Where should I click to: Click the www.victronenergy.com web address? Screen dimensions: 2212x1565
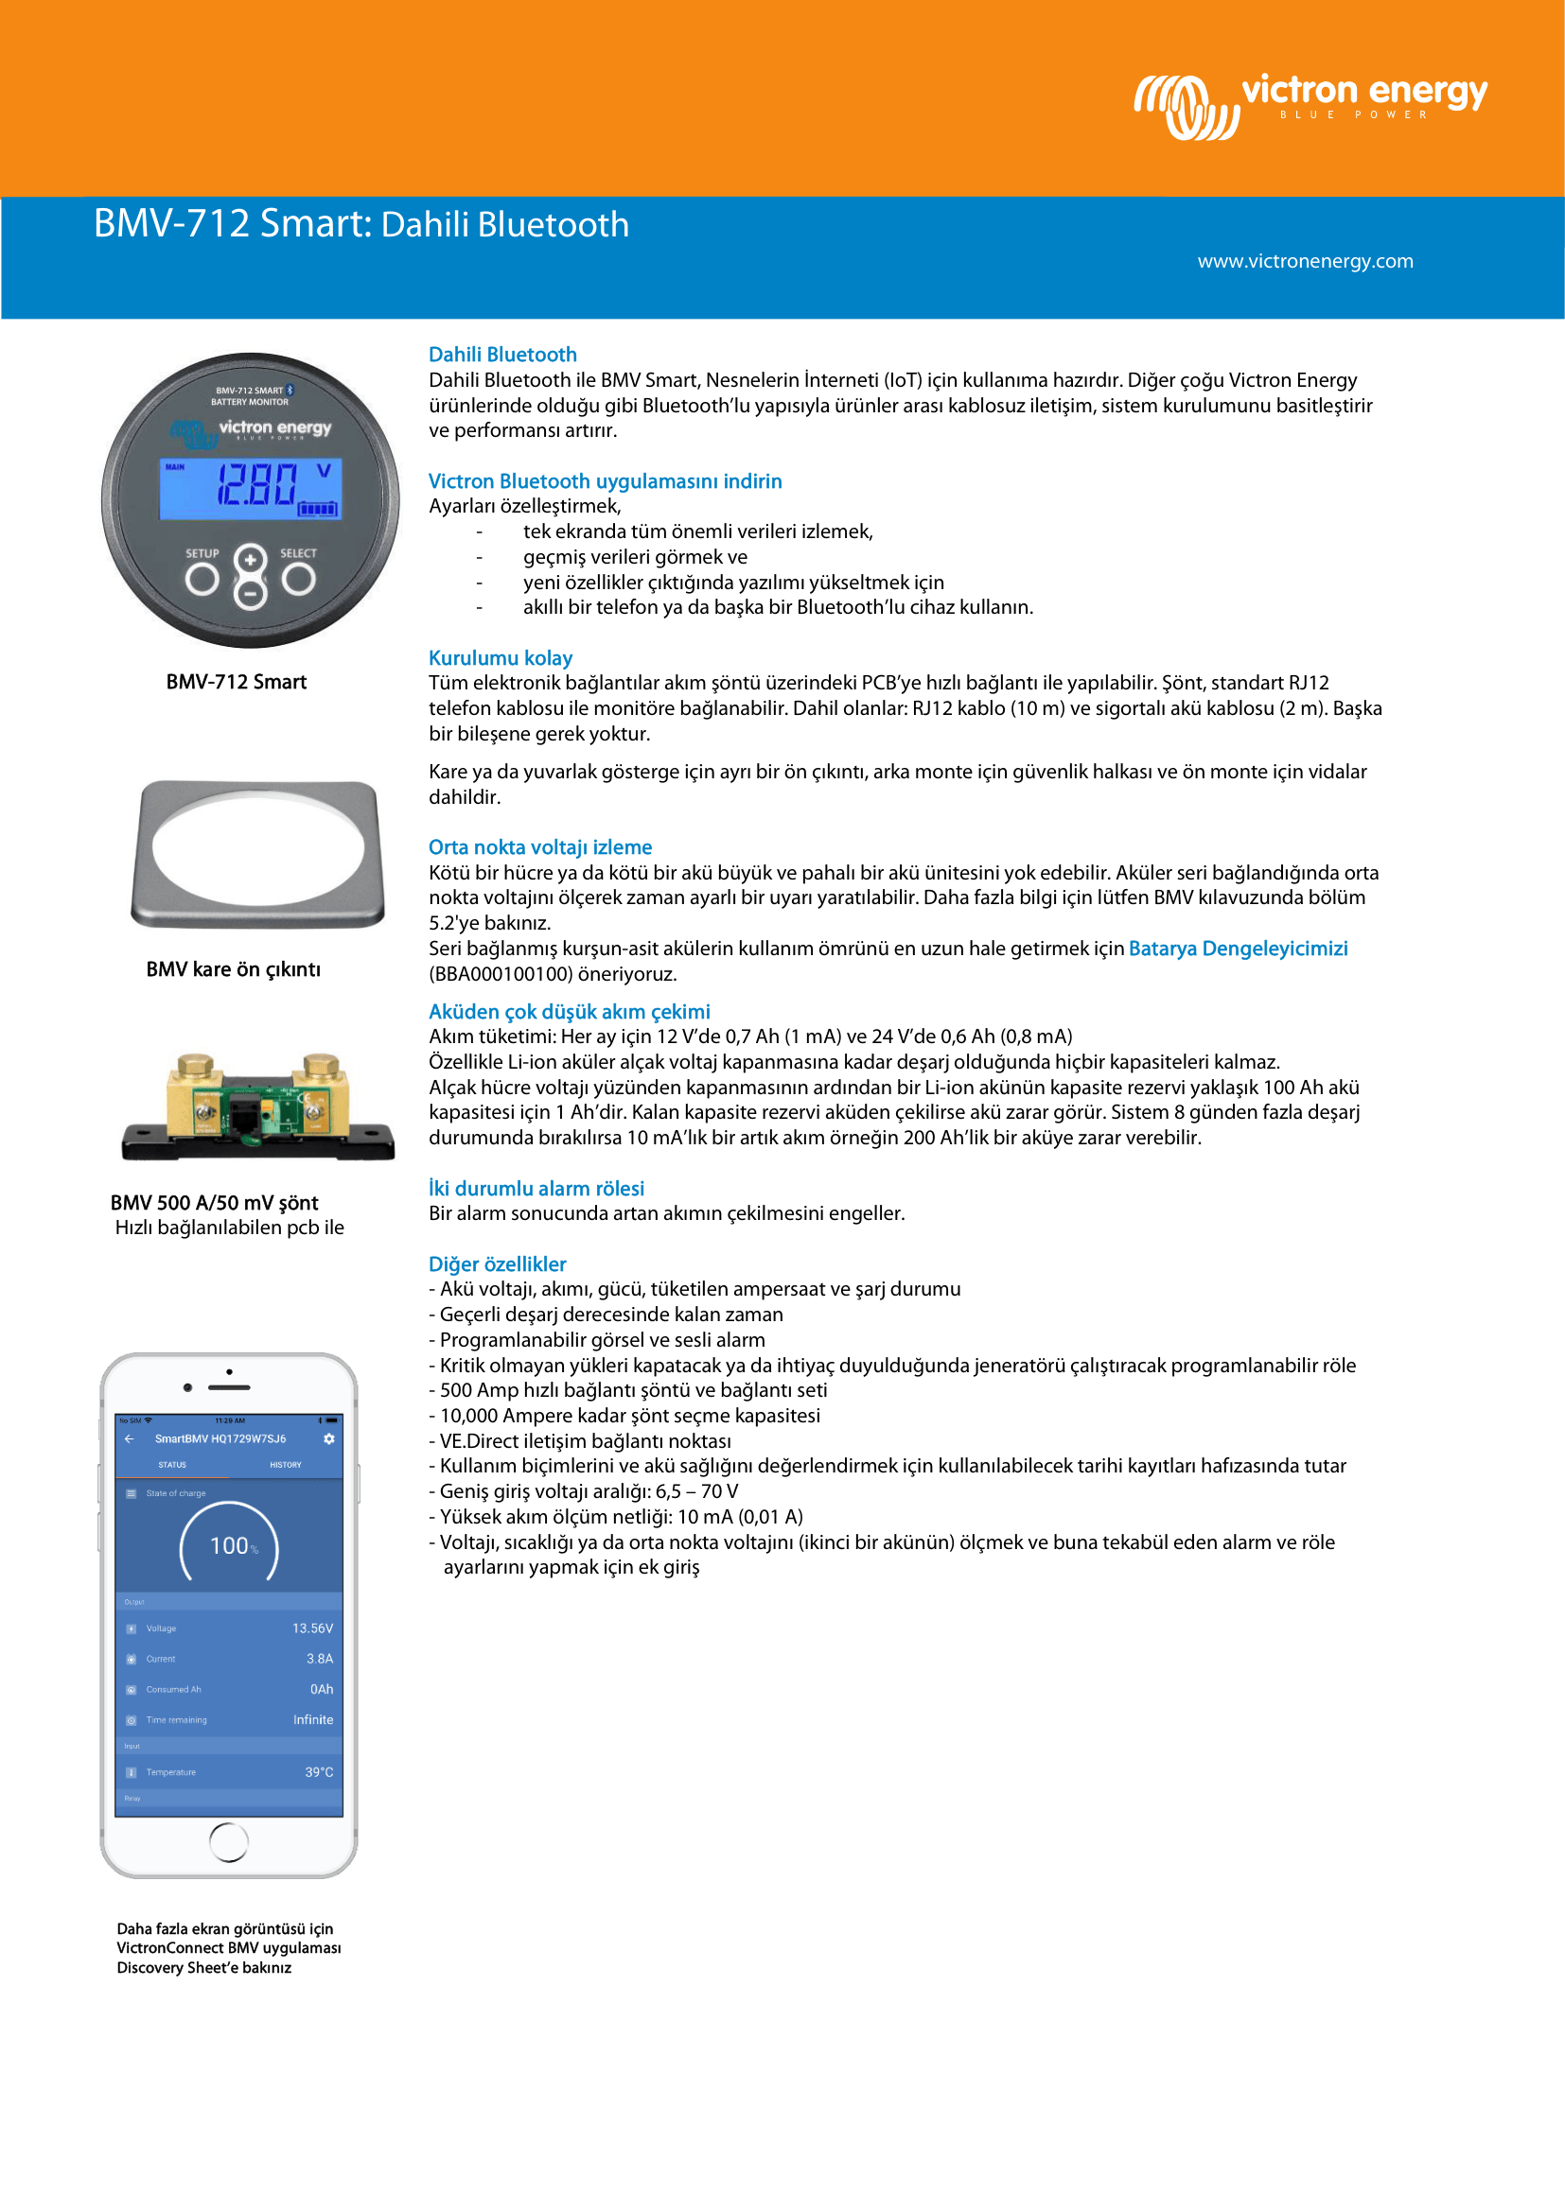(x=1305, y=261)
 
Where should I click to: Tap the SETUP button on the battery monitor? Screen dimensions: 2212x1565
(x=202, y=578)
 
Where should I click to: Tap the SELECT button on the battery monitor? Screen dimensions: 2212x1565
(x=299, y=578)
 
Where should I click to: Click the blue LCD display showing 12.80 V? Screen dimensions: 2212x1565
(x=251, y=487)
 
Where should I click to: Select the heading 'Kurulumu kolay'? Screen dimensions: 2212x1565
(x=501, y=658)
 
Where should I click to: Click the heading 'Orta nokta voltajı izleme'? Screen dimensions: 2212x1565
(x=539, y=846)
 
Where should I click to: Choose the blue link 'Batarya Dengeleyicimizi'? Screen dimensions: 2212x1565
(x=1238, y=948)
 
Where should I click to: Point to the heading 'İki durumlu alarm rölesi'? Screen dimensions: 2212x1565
(x=536, y=1188)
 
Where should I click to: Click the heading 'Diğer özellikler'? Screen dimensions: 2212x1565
(x=498, y=1264)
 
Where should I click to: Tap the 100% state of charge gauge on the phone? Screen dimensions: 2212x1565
(x=229, y=1544)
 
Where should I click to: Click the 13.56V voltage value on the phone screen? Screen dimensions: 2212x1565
(x=312, y=1629)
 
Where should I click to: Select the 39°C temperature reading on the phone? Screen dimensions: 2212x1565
(x=319, y=1771)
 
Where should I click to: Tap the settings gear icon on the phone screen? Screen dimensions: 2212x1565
(x=328, y=1438)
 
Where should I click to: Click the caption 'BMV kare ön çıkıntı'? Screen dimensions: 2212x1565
(x=233, y=969)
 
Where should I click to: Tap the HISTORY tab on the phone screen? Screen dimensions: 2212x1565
(x=285, y=1464)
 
